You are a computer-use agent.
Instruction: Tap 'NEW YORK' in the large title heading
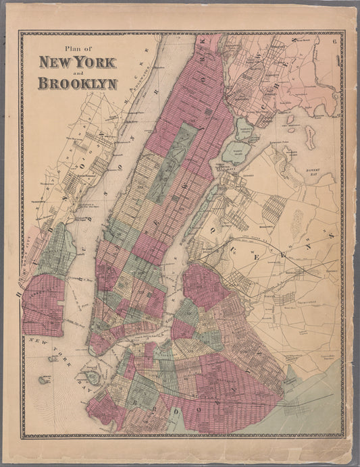[x=78, y=63]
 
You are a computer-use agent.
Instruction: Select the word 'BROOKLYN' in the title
[x=78, y=84]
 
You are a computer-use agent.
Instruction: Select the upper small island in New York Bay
[x=53, y=359]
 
